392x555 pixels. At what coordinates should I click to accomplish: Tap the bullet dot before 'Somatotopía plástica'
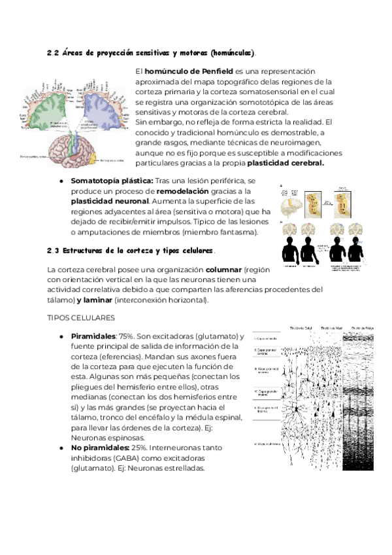60,180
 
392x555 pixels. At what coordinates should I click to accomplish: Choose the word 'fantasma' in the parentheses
238,232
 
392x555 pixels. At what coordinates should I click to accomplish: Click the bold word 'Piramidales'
93,336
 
